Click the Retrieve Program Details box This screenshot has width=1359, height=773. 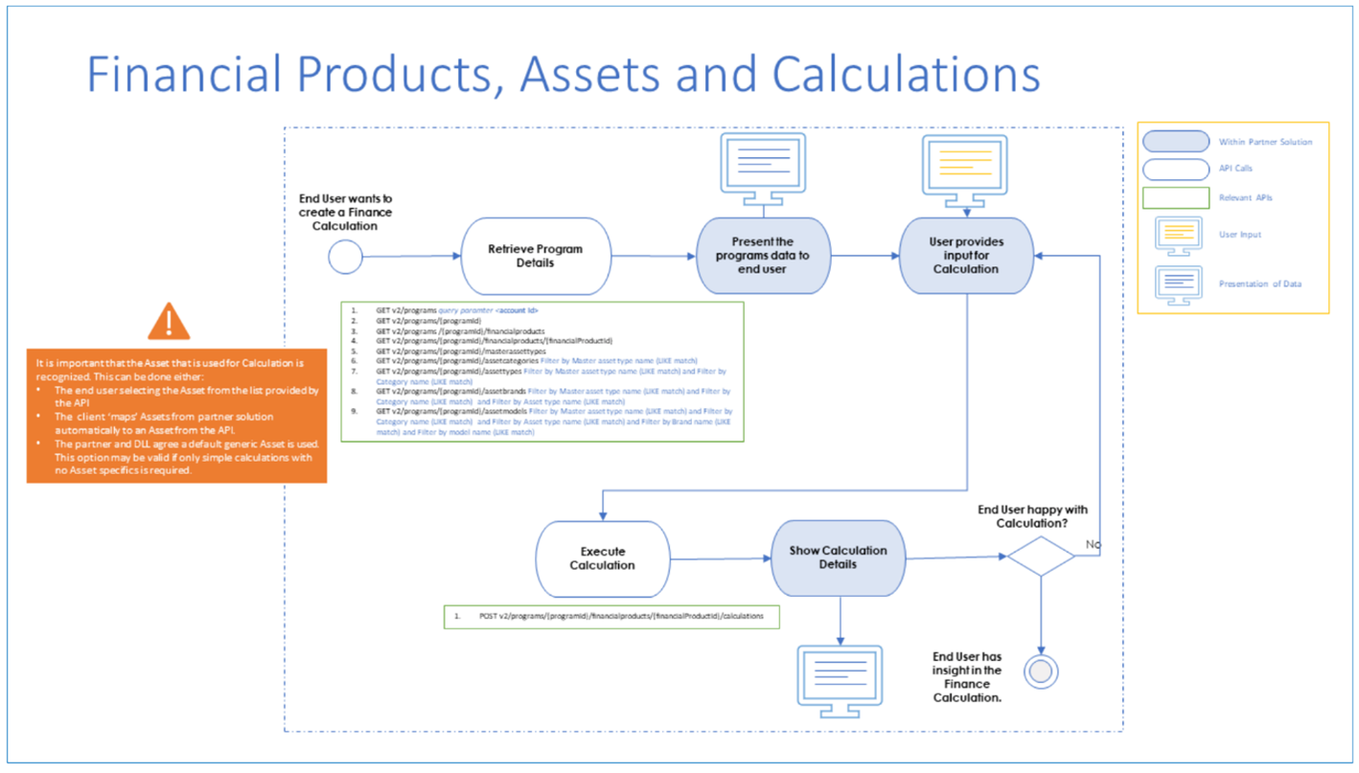536,256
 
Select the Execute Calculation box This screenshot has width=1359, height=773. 602,558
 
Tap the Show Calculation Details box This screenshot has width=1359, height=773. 838,558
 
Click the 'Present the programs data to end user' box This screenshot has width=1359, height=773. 763,256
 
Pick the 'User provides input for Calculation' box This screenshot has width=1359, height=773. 966,256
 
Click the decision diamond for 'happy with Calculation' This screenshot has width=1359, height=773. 1041,557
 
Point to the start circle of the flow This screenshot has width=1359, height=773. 345,257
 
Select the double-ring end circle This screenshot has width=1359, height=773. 1041,671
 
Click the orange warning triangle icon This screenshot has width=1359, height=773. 169,322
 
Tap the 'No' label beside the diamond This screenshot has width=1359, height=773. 1093,544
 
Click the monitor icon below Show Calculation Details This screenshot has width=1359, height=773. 840,681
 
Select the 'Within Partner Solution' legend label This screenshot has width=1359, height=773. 1265,142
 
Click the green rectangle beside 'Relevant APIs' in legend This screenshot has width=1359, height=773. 1175,197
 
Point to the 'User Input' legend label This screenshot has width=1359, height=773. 1240,234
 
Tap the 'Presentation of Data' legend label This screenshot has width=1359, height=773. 1259,284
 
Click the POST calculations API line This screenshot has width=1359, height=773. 621,616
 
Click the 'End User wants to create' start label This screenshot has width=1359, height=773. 345,212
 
